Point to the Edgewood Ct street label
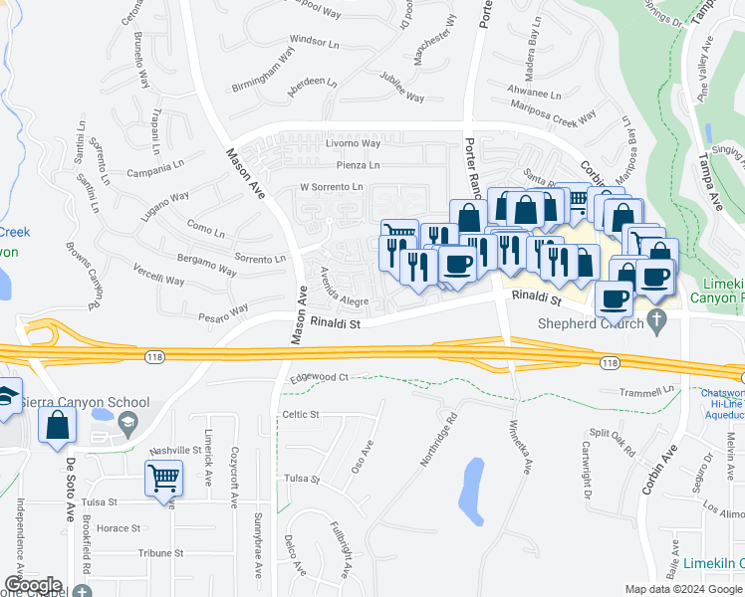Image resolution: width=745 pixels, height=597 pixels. tap(320, 377)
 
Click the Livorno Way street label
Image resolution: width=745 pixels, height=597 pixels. tap(354, 143)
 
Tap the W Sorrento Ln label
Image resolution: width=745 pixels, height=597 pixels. tap(332, 187)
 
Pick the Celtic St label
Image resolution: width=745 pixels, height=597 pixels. tap(300, 414)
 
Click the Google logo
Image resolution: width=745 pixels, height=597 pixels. tap(32, 585)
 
